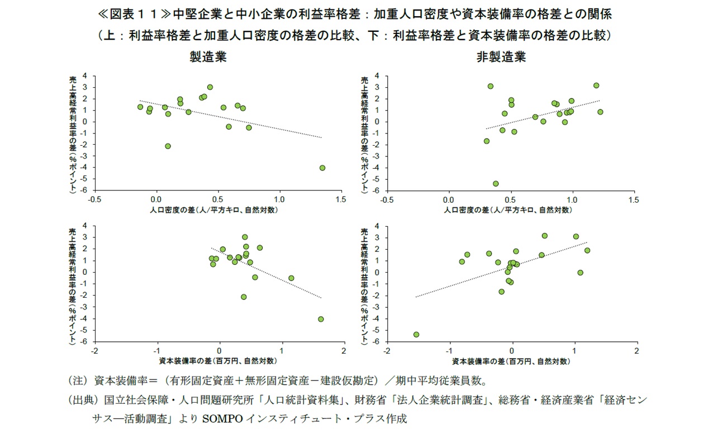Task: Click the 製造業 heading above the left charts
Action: click(208, 58)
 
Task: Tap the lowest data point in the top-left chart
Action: click(322, 168)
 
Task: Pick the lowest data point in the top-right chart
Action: click(496, 183)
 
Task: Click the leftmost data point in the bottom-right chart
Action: click(416, 335)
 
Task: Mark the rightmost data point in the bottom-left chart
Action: click(321, 319)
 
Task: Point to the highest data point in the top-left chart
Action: click(210, 87)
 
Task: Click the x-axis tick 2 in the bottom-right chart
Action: click(636, 350)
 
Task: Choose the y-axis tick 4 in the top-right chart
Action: click(378, 75)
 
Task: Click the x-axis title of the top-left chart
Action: click(214, 210)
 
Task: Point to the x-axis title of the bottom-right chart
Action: click(511, 361)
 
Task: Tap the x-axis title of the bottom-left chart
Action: click(217, 361)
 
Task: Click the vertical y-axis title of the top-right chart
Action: click(364, 134)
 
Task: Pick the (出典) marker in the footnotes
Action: click(82, 400)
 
